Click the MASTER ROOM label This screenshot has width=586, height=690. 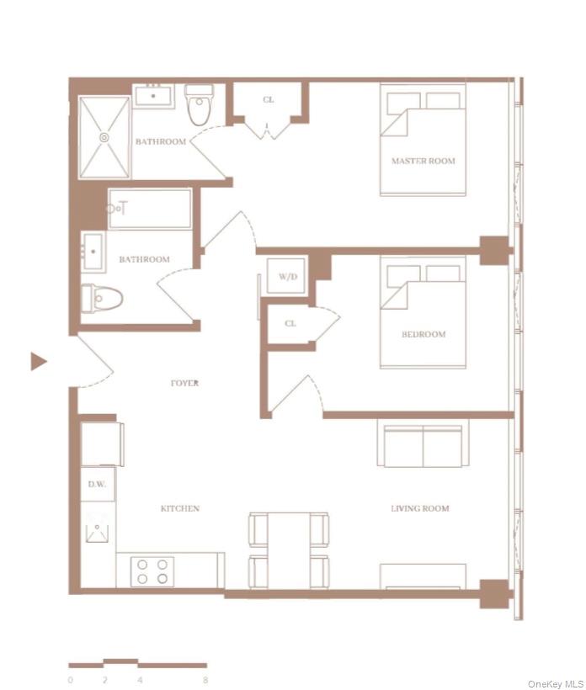[423, 161]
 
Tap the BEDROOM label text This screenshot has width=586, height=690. [423, 334]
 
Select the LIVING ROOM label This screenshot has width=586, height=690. [419, 508]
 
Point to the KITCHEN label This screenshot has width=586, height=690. [180, 508]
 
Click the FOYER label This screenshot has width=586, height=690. [184, 383]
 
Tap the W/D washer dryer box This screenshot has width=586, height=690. [288, 277]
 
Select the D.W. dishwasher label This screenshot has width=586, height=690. [96, 485]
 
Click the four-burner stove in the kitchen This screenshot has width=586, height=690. [153, 572]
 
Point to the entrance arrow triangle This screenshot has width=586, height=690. [38, 362]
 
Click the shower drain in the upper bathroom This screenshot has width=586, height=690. [104, 136]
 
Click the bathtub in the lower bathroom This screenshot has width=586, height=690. [150, 209]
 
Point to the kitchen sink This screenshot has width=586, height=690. [98, 528]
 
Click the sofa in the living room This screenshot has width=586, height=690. [420, 446]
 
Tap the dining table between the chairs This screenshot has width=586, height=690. [288, 551]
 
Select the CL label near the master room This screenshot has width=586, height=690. [268, 100]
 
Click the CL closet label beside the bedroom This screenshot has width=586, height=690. [290, 323]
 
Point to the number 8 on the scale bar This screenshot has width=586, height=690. [205, 679]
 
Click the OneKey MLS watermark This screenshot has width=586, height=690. [555, 683]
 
